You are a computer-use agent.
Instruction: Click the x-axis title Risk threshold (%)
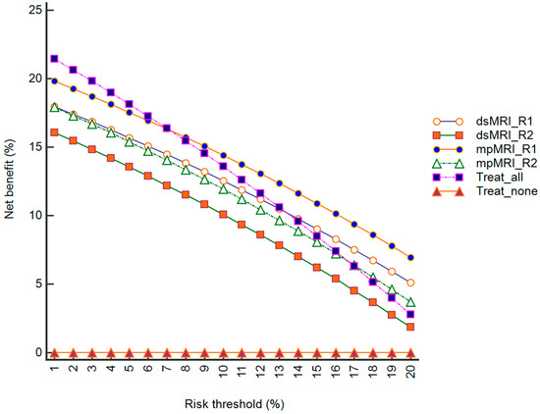tap(233, 403)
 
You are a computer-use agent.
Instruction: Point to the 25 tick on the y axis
tap(34, 10)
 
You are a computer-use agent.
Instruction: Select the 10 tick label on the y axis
tap(34, 215)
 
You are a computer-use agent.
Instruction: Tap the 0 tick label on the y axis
tap(37, 352)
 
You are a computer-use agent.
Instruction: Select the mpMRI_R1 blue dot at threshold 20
tap(411, 257)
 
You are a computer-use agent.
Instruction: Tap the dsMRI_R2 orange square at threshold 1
tap(54, 132)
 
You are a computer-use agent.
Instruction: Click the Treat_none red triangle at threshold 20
tap(411, 352)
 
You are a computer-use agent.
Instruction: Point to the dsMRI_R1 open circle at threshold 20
tap(411, 283)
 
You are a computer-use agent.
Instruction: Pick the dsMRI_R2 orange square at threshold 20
tap(411, 327)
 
